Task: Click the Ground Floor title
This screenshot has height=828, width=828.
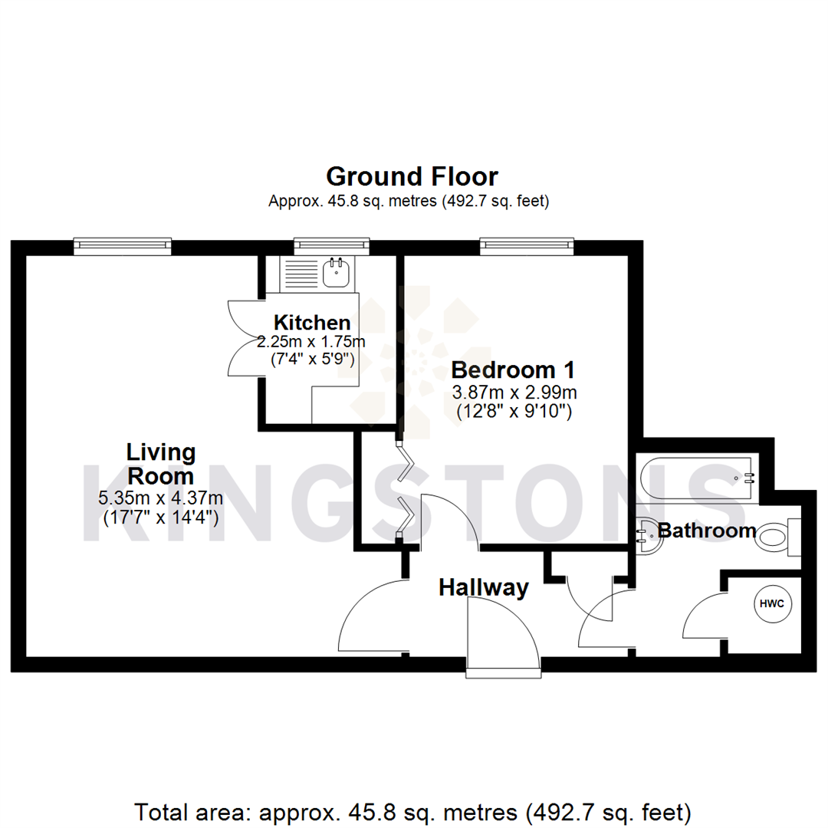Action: click(412, 176)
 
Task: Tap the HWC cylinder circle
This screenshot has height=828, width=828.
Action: click(771, 604)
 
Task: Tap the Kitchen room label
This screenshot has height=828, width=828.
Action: click(313, 323)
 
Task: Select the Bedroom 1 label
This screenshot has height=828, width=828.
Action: click(514, 370)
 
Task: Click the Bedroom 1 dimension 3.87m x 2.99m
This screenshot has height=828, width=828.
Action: click(514, 393)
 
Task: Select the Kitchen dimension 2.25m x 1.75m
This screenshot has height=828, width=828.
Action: click(311, 341)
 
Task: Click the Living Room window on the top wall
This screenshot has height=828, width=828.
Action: click(123, 245)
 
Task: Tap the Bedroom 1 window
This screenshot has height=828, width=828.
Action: click(527, 245)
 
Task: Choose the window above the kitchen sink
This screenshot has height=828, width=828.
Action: click(332, 245)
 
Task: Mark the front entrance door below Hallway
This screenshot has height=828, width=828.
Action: click(502, 636)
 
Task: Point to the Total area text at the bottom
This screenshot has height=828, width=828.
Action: click(413, 810)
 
